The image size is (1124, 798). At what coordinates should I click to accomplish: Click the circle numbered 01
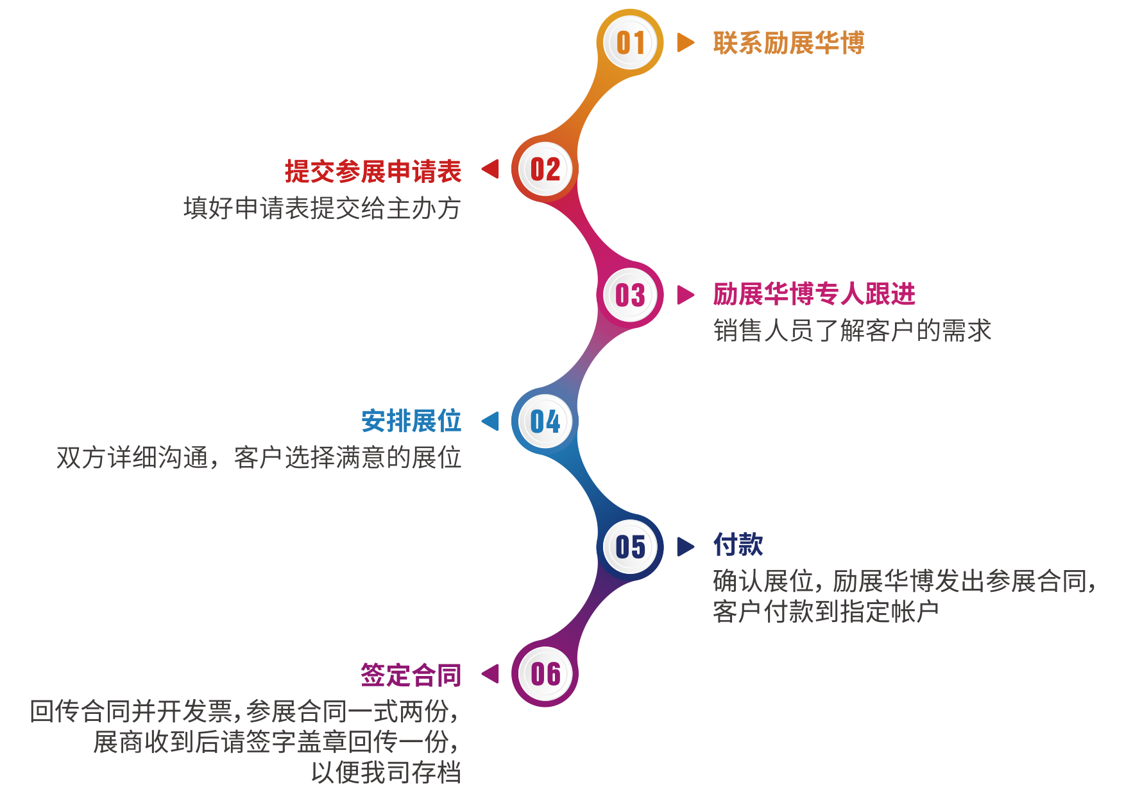(630, 43)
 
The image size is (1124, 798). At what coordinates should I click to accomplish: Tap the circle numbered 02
(545, 169)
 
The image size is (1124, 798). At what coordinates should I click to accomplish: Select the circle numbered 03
(630, 295)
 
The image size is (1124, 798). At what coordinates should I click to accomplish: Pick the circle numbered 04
(545, 421)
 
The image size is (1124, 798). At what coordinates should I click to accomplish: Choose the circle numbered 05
(630, 547)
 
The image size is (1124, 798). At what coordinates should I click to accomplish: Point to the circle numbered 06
(545, 673)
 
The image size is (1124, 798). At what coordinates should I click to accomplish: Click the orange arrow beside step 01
(686, 42)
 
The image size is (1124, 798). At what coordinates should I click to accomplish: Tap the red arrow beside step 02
(490, 169)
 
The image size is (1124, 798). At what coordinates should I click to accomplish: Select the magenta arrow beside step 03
(686, 295)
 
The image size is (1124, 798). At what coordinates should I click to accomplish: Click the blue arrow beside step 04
(490, 421)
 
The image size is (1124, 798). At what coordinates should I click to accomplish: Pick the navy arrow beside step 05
(686, 546)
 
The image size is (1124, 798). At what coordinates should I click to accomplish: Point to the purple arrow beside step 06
(490, 673)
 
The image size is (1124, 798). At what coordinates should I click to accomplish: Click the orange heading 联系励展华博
(788, 43)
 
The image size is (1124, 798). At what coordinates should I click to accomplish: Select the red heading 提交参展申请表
(373, 171)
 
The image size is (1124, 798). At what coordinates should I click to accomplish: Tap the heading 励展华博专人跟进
(814, 294)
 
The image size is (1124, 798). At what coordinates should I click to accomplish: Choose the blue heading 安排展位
(411, 421)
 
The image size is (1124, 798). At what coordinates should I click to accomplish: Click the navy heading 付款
(738, 544)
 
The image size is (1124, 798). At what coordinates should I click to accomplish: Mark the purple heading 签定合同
(411, 675)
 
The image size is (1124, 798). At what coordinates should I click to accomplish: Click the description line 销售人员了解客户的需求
(853, 331)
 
